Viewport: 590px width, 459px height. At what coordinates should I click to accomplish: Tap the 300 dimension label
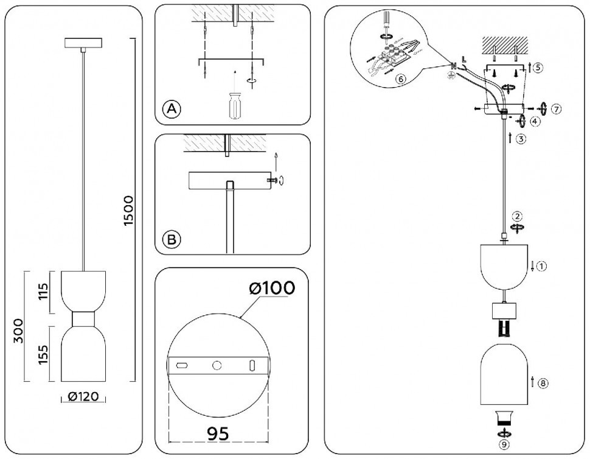click(18, 331)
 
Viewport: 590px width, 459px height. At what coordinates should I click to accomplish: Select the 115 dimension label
click(43, 292)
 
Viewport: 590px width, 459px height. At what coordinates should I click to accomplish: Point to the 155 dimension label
click(43, 354)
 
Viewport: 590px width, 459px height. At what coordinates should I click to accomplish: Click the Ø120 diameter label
click(83, 396)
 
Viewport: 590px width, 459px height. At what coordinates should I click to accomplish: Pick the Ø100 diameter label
click(272, 288)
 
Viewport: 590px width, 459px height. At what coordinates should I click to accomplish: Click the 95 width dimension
click(218, 434)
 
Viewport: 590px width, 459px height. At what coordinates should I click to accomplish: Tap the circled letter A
click(172, 109)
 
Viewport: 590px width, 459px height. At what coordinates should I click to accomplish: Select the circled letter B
click(172, 239)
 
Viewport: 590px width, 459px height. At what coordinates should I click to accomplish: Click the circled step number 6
click(400, 79)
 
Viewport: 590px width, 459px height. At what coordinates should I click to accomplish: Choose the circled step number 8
click(543, 384)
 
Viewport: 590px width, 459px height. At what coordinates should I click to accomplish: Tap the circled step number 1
click(541, 267)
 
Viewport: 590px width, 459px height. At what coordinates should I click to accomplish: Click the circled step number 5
click(538, 68)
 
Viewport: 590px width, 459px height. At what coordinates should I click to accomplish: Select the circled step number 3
click(521, 139)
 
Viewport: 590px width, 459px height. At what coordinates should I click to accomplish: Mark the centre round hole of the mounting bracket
click(217, 365)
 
